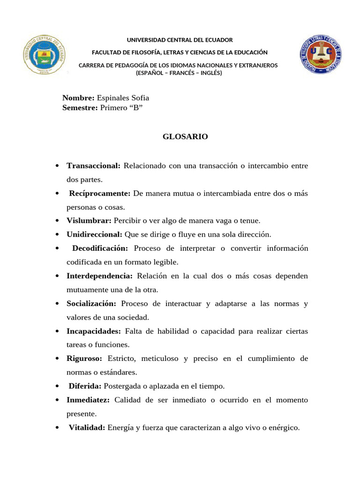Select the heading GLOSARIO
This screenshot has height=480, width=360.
(x=185, y=137)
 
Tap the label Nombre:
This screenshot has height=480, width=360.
(x=78, y=98)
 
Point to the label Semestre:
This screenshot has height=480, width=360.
(x=80, y=108)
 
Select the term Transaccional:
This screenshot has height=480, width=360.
(x=94, y=165)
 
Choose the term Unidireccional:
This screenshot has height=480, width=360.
(x=94, y=234)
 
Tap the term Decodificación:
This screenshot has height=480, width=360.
(x=100, y=248)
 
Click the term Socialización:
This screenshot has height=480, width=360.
(x=91, y=303)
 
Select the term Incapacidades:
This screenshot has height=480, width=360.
(x=94, y=331)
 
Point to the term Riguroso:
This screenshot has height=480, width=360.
(x=84, y=359)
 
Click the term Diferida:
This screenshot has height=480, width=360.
(x=85, y=386)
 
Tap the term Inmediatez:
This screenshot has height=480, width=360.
(x=88, y=400)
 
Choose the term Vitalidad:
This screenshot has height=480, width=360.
(x=87, y=427)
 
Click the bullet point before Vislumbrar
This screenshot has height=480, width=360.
(x=57, y=221)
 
